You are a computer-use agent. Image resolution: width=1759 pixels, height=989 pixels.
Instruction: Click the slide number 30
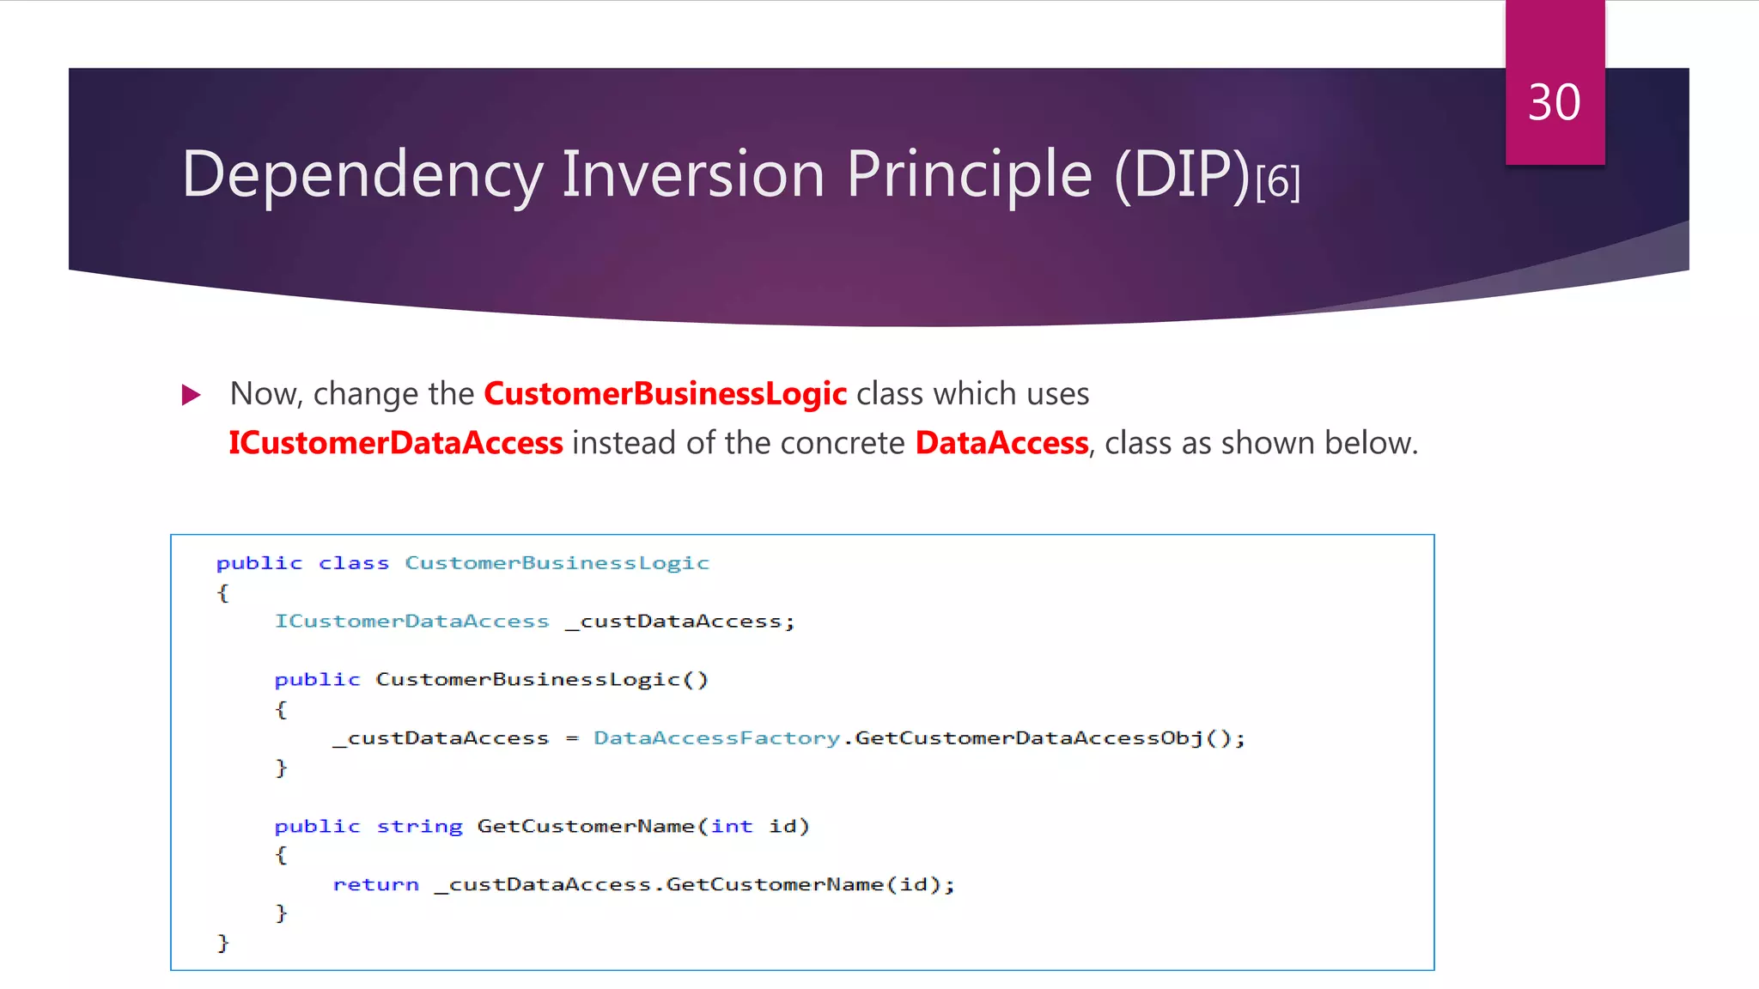tap(1554, 103)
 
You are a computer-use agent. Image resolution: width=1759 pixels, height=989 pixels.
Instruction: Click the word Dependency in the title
tap(362, 174)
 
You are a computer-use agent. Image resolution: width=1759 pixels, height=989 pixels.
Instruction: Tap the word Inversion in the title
tap(694, 174)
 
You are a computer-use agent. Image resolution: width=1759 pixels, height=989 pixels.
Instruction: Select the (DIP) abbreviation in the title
tap(1182, 174)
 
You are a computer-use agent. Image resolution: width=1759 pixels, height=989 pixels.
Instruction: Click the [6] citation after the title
tap(1278, 182)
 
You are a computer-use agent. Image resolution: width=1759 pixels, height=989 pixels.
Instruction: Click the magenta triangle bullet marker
tap(192, 395)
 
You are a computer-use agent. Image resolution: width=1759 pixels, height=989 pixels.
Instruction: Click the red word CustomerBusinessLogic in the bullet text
tap(666, 394)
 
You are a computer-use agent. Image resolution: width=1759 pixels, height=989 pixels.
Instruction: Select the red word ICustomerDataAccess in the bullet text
tap(396, 443)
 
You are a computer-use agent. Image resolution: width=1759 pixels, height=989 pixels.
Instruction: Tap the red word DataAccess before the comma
tap(1001, 443)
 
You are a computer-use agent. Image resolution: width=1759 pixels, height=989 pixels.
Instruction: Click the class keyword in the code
tap(354, 563)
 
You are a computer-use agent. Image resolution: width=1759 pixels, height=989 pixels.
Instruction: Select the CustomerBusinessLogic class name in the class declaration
tap(557, 563)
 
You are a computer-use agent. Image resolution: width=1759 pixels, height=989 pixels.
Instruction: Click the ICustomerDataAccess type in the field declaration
tap(411, 622)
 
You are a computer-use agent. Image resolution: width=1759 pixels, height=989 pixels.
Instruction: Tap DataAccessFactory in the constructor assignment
tap(717, 738)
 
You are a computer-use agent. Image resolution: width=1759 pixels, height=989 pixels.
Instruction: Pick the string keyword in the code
tap(419, 827)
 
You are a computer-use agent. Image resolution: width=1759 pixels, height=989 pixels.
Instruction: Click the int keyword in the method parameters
tap(732, 827)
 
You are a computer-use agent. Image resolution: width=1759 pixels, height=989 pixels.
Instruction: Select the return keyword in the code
tap(376, 885)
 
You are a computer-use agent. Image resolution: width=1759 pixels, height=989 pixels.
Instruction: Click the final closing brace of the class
tap(223, 943)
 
